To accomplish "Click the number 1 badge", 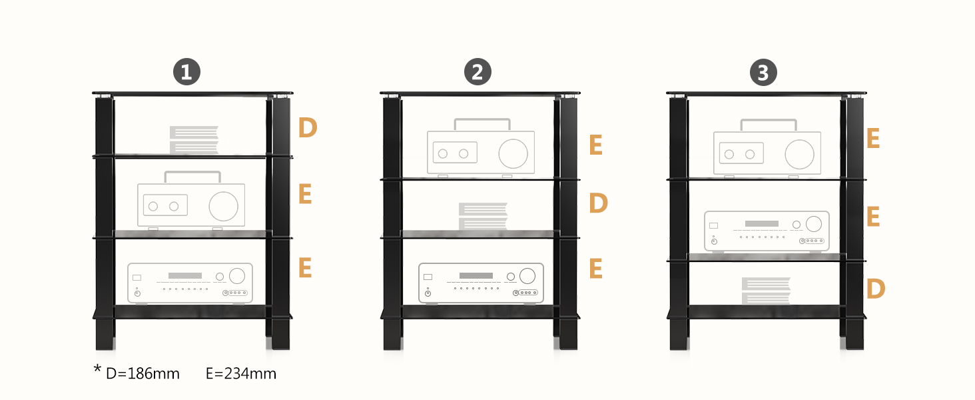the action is (186, 72).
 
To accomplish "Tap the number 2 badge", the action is (478, 72).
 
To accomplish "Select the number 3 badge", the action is (763, 72).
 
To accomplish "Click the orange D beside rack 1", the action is (308, 128).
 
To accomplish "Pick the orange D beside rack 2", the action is (599, 203).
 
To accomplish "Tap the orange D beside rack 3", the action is (876, 289).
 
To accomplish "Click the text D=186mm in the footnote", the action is (143, 374).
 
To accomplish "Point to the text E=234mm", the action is (241, 374).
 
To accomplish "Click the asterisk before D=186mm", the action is (97, 369).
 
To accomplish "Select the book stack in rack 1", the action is (194, 140).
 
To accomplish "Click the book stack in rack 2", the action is (483, 216).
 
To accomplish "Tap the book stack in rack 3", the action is (766, 291).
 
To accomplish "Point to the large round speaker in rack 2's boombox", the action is (513, 154).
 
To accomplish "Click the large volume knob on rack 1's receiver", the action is (237, 276).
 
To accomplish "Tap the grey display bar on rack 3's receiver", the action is (762, 224).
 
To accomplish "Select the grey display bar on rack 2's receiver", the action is (476, 276).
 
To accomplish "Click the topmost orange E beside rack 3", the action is (873, 139).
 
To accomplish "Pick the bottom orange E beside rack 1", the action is (305, 267).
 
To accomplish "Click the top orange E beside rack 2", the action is (596, 145).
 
